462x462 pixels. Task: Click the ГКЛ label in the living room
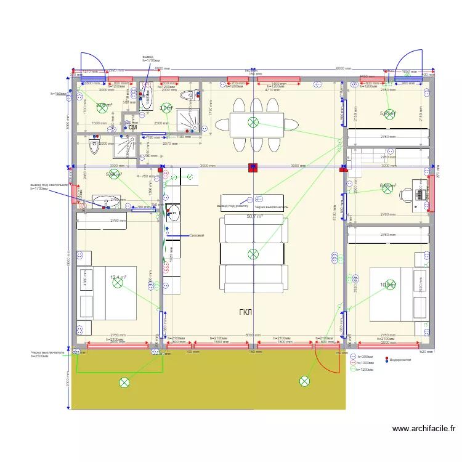point(246,312)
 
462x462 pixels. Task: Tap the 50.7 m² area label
point(254,217)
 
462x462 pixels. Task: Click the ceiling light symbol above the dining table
point(253,122)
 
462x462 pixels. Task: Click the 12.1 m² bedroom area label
point(118,278)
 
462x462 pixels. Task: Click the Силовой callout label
point(196,235)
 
